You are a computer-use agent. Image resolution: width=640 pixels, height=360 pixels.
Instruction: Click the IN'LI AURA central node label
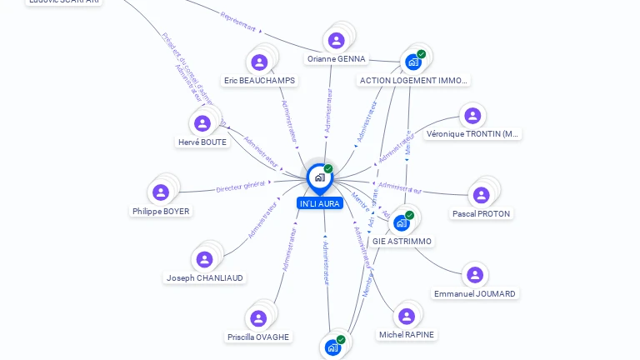319,203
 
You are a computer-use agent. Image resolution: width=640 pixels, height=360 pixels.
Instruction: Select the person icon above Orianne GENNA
337,40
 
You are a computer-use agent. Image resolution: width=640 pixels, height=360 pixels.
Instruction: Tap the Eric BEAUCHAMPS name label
259,81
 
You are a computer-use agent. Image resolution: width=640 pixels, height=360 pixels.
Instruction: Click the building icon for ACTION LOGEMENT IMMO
413,62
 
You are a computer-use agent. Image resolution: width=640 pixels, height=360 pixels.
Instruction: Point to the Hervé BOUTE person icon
202,123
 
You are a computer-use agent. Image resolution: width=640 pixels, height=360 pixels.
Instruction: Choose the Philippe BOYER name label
162,211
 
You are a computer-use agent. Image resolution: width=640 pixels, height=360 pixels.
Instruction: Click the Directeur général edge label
240,187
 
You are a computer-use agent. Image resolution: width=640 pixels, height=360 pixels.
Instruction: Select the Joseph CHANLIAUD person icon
204,259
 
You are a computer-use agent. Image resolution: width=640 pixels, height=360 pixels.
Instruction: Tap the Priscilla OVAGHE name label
258,337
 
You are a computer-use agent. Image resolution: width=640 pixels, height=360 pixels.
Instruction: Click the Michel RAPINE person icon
407,316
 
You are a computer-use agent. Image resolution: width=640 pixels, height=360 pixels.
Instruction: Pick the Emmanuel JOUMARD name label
475,293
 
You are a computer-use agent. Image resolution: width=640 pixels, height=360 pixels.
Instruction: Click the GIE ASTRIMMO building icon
402,222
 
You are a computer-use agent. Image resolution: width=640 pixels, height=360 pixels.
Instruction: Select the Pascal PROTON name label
482,214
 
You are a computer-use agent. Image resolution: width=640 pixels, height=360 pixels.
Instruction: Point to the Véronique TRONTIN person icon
472,115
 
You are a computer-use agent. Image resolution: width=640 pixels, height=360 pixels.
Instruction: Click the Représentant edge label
238,21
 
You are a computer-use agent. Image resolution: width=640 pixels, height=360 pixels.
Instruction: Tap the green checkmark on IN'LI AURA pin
328,169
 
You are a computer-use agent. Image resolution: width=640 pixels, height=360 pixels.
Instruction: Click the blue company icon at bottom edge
332,347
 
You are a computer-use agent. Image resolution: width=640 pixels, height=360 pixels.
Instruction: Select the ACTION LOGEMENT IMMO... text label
414,81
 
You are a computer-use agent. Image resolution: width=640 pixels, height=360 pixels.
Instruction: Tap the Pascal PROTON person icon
481,195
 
